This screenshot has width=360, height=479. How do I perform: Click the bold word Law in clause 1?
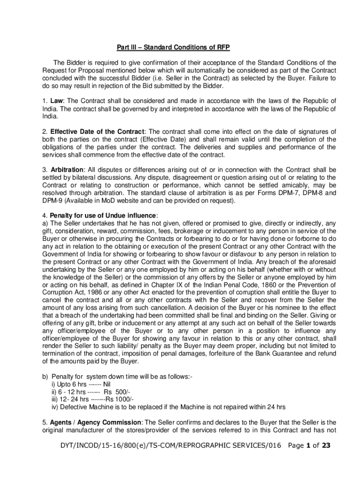57,101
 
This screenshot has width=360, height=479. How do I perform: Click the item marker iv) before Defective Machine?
56,406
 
